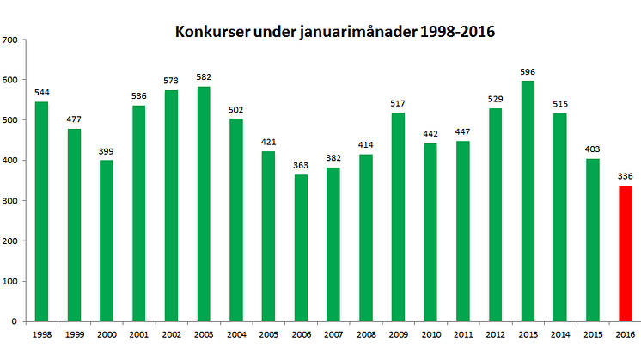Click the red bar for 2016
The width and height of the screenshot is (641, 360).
625,253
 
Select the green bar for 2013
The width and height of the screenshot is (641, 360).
528,201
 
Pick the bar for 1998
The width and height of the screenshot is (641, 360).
41,211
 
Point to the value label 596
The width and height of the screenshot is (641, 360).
528,72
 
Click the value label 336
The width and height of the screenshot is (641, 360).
625,177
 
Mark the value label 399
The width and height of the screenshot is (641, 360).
107,151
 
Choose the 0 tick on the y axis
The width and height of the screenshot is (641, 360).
15,321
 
